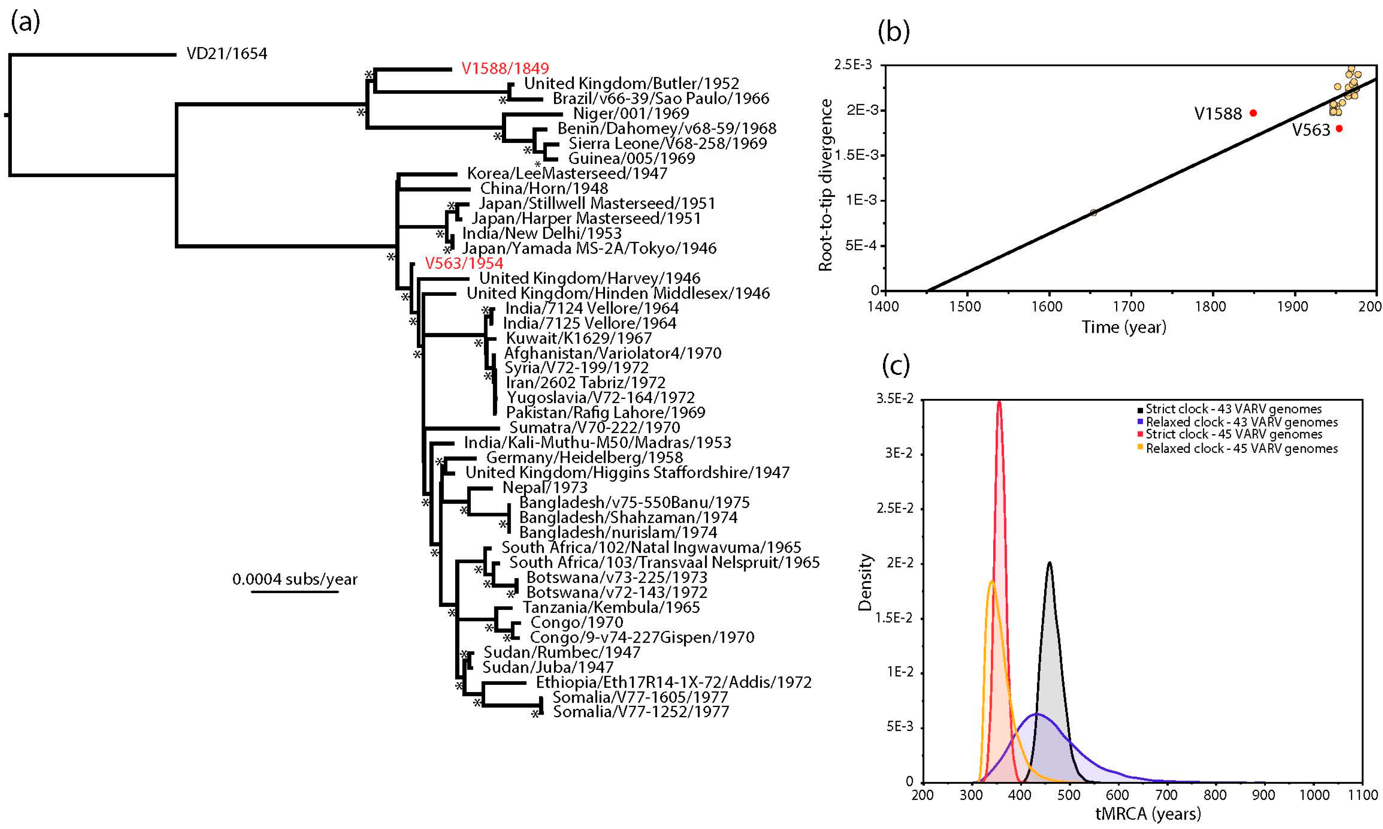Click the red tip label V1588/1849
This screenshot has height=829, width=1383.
tap(505, 68)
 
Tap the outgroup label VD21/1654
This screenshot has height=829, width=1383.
tap(227, 54)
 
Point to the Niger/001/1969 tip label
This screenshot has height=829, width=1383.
tap(630, 113)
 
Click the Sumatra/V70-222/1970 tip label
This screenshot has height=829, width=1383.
tap(594, 428)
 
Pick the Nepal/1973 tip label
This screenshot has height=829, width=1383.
tap(545, 488)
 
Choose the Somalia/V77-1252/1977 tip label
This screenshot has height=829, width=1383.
tap(641, 712)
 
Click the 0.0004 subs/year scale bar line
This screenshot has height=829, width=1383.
tap(295, 592)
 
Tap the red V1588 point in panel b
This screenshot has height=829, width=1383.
tap(1253, 113)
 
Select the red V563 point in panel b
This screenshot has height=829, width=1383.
tap(1339, 129)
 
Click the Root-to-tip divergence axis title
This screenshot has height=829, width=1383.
tap(826, 186)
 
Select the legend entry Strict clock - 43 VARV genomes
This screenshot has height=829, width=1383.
tap(1233, 409)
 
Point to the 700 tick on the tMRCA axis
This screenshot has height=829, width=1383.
tap(1166, 795)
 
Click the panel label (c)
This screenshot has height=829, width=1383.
tap(896, 365)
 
